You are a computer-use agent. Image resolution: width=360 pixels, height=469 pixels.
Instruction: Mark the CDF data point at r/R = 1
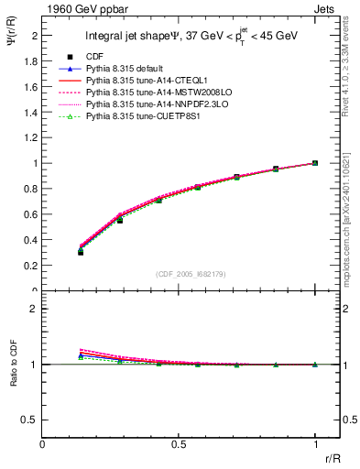tap(315, 163)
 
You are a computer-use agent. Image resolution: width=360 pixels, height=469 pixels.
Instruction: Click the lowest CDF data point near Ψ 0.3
tap(81, 252)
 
